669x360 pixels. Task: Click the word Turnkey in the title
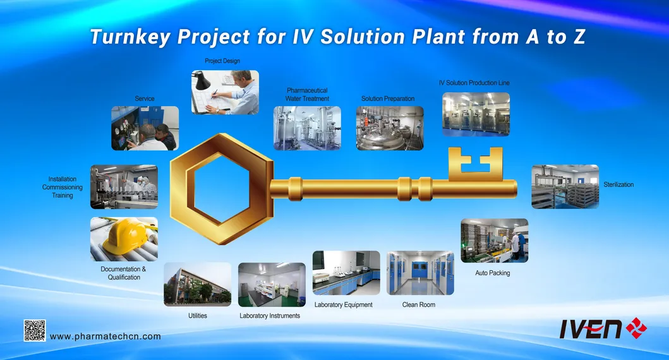click(130, 37)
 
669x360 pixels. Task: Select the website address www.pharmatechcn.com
click(105, 337)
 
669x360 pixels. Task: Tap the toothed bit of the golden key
click(475, 163)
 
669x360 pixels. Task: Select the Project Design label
click(222, 61)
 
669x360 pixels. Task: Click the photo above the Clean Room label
click(420, 273)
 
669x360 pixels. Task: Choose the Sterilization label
click(618, 185)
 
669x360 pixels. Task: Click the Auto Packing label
click(492, 273)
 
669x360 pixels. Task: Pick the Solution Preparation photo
click(389, 128)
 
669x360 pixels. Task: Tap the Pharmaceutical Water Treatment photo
click(307, 128)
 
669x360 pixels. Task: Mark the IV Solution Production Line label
click(474, 83)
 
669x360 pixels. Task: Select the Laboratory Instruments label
click(270, 316)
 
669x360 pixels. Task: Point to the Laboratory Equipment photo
click(346, 273)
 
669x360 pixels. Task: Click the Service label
click(145, 99)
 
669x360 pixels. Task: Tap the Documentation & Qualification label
click(123, 273)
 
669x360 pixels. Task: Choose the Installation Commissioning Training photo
click(124, 187)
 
